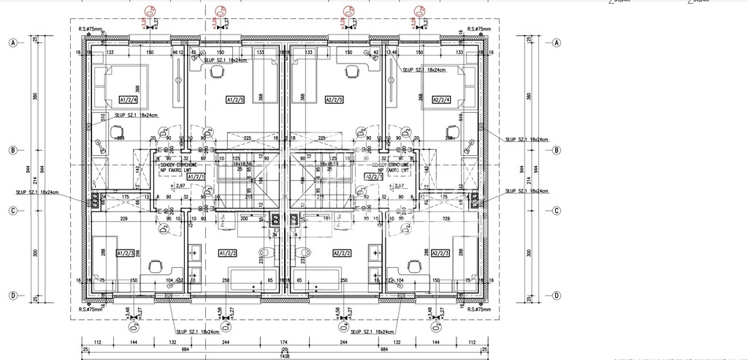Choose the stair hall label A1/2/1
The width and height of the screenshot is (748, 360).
tap(196, 176)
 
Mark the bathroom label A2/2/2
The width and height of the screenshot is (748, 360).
tap(342, 252)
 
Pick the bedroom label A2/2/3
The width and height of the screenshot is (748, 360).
tap(440, 252)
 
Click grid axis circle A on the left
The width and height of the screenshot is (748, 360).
tap(12, 42)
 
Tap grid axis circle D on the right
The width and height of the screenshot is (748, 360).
tap(557, 296)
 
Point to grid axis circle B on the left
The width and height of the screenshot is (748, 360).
tap(12, 151)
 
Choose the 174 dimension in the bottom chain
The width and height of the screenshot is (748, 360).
tap(284, 342)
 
